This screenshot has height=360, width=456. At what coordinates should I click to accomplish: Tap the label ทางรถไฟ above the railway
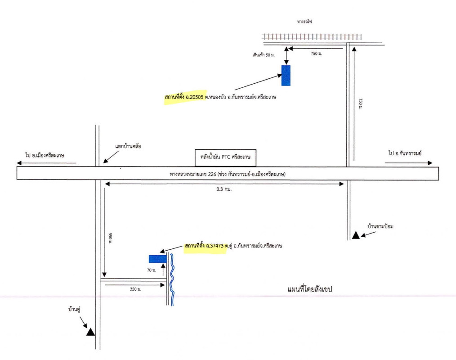click(x=304, y=21)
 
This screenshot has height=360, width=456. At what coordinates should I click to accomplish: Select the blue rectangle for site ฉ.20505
click(x=286, y=75)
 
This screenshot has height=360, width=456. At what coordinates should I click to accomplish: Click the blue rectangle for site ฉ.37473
click(x=157, y=258)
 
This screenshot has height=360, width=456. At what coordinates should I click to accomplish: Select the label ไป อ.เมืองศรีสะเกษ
click(x=45, y=155)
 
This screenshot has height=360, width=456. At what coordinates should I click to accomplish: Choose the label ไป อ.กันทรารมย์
click(x=407, y=153)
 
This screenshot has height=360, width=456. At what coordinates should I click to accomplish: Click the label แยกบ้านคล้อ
click(x=129, y=146)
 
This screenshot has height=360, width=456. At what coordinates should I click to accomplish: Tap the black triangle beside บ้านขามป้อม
click(x=356, y=235)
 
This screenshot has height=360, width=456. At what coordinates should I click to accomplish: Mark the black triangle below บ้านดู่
click(x=90, y=332)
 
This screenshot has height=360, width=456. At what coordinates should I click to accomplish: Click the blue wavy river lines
click(x=171, y=279)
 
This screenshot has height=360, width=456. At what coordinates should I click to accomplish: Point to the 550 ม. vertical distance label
click(x=110, y=239)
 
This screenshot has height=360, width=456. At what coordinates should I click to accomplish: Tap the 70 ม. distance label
click(x=151, y=270)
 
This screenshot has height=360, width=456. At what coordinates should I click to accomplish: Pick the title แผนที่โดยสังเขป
click(x=309, y=288)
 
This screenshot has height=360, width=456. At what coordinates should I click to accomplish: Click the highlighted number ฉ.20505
click(x=194, y=96)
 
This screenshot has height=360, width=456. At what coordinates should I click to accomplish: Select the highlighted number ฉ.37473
click(x=214, y=246)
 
